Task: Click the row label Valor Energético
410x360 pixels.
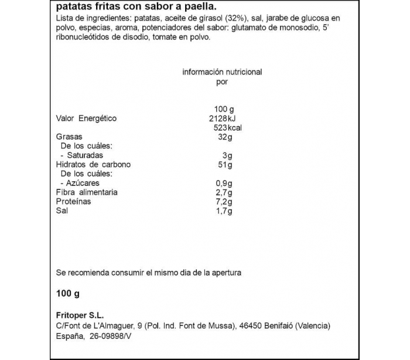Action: pyautogui.click(x=86, y=118)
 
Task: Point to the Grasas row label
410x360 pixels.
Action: pyautogui.click(x=69, y=137)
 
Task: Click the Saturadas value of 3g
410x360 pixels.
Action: pyautogui.click(x=228, y=155)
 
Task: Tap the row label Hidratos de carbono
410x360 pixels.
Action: pyautogui.click(x=93, y=165)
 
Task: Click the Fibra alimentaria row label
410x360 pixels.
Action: pyautogui.click(x=87, y=192)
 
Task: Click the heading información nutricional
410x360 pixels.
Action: pyautogui.click(x=222, y=72)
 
